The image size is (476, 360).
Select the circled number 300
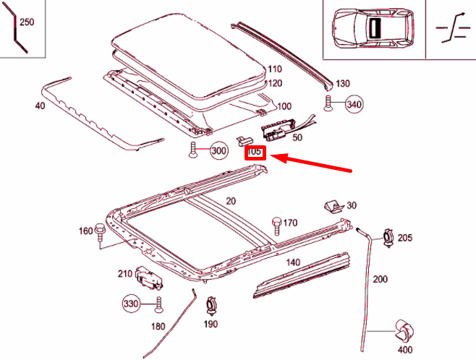point(218,151)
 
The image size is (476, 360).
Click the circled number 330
point(131,304)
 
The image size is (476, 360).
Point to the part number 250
point(26,22)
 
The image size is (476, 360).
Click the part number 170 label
point(290,223)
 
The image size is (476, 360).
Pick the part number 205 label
point(404,237)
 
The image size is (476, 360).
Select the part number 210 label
point(125,273)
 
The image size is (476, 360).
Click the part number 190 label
point(211,324)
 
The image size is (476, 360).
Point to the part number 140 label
point(292,262)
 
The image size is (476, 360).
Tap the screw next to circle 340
point(329,104)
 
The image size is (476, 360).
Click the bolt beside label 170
point(276,224)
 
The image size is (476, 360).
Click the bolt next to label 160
point(101,231)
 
